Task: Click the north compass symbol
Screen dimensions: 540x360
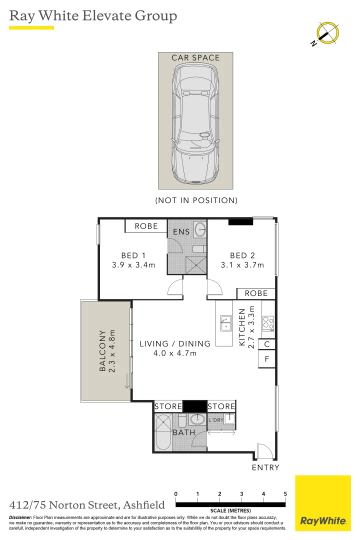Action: tap(328, 33)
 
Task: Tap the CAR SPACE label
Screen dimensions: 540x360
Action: tap(195, 58)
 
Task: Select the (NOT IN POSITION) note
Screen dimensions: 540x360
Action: tap(195, 200)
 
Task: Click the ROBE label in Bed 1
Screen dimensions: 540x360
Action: tap(146, 226)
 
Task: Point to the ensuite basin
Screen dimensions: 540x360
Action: tap(199, 229)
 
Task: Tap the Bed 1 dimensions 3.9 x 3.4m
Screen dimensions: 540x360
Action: tap(133, 265)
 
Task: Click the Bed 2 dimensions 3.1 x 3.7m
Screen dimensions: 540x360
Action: tap(242, 265)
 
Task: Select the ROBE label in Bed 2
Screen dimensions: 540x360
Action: tap(256, 293)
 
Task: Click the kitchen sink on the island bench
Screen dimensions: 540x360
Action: tap(224, 323)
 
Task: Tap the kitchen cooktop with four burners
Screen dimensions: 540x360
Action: tap(268, 323)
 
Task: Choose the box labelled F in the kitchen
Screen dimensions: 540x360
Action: tap(267, 359)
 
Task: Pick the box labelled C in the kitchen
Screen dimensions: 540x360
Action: tap(267, 344)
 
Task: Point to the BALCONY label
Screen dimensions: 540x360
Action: tap(102, 350)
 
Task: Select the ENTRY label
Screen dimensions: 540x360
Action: tap(265, 467)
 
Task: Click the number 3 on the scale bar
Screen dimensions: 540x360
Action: tap(241, 494)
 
